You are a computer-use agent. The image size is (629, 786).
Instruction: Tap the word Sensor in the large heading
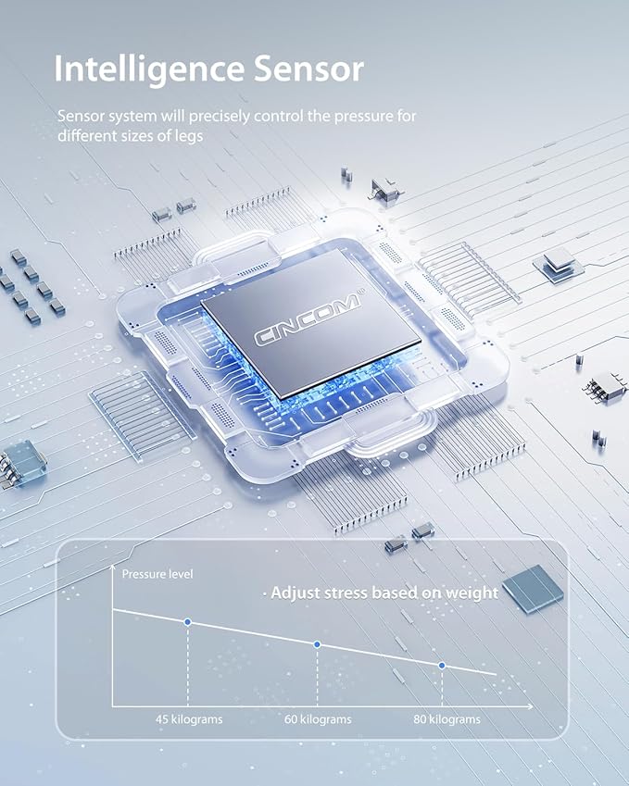(x=308, y=69)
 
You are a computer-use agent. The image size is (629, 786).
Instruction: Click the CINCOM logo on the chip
(x=307, y=319)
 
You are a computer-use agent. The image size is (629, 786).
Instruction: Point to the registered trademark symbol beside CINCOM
(x=362, y=292)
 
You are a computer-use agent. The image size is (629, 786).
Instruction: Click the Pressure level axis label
(x=157, y=574)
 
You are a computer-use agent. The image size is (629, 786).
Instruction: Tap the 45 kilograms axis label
(x=189, y=719)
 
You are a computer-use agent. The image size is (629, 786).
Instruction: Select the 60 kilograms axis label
(x=318, y=719)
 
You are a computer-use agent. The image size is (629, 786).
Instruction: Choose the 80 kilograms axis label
(x=447, y=719)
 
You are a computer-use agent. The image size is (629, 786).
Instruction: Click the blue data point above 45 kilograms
(x=188, y=622)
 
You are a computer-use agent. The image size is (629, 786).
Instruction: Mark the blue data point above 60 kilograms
(x=317, y=644)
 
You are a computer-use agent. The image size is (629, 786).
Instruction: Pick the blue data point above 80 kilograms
(x=441, y=666)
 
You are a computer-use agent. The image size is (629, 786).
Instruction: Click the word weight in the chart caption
(x=472, y=593)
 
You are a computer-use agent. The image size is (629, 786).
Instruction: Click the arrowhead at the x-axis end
(x=530, y=706)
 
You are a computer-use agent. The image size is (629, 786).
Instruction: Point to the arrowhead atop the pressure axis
(x=112, y=568)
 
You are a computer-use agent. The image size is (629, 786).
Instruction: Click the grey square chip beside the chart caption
(x=533, y=589)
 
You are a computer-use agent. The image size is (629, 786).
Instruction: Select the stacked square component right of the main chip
(x=559, y=265)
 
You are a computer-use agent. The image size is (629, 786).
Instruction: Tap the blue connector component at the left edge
(x=21, y=462)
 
